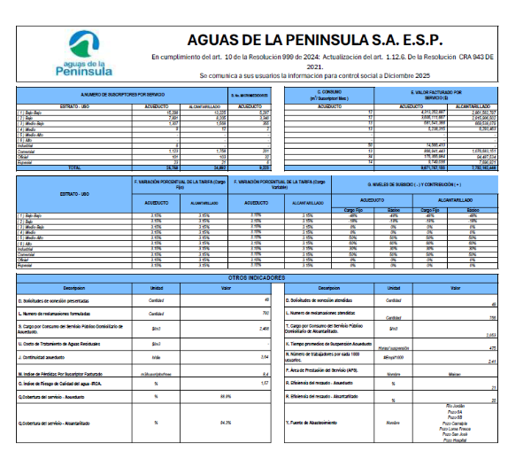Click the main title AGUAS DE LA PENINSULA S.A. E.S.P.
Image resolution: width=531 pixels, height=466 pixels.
327,41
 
